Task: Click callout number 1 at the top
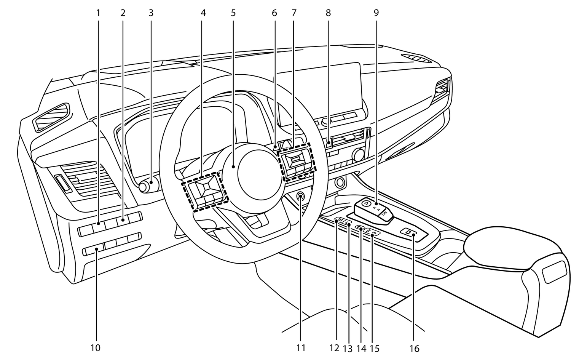tap(98, 13)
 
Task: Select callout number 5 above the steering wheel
tap(233, 13)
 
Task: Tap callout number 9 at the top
tap(376, 13)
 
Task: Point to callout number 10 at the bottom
tap(95, 347)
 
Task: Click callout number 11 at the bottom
tap(301, 347)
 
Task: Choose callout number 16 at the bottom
tap(414, 348)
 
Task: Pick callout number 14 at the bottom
tap(360, 348)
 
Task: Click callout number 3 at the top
tap(151, 13)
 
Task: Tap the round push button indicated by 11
tap(301, 197)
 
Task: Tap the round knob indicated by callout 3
tap(145, 186)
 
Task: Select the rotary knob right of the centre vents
tap(358, 154)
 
